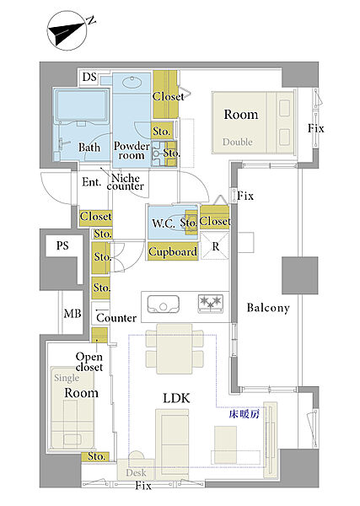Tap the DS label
(89, 77)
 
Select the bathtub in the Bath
(82, 106)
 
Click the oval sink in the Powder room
(132, 82)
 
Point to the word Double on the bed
(238, 142)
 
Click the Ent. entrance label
(91, 182)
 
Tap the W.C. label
(164, 223)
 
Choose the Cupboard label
(173, 251)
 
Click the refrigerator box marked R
(215, 246)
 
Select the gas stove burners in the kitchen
(210, 303)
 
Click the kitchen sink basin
(164, 304)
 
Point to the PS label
(62, 246)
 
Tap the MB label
(73, 314)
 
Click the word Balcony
(268, 308)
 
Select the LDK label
(176, 398)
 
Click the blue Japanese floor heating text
(244, 414)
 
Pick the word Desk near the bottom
(136, 473)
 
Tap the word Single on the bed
(67, 378)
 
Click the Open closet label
(89, 362)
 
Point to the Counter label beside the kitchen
(116, 318)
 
